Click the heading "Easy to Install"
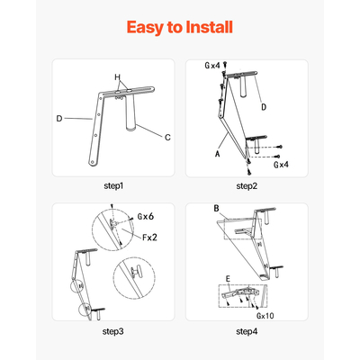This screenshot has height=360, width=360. pyautogui.click(x=180, y=27)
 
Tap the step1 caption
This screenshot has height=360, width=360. pyautogui.click(x=113, y=186)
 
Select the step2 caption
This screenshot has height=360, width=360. pyautogui.click(x=247, y=186)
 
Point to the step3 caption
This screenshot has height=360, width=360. pyautogui.click(x=113, y=331)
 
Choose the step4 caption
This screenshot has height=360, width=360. pyautogui.click(x=247, y=331)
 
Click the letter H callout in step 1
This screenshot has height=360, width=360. pyautogui.click(x=118, y=77)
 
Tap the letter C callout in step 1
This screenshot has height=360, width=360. pyautogui.click(x=167, y=138)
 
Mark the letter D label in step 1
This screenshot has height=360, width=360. pyautogui.click(x=59, y=119)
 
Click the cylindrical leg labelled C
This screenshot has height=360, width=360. pyautogui.click(x=130, y=115)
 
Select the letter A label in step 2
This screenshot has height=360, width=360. pyautogui.click(x=218, y=154)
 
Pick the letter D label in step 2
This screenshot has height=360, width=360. pyautogui.click(x=264, y=107)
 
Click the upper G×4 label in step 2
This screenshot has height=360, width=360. pyautogui.click(x=212, y=66)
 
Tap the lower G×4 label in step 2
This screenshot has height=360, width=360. pyautogui.click(x=281, y=165)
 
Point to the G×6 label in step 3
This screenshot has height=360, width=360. pyautogui.click(x=146, y=216)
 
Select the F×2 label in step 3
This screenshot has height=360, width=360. pyautogui.click(x=149, y=238)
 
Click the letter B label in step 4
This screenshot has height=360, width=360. pyautogui.click(x=217, y=209)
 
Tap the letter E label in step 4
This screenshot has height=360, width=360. pyautogui.click(x=228, y=279)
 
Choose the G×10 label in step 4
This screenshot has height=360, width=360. pyautogui.click(x=265, y=316)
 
